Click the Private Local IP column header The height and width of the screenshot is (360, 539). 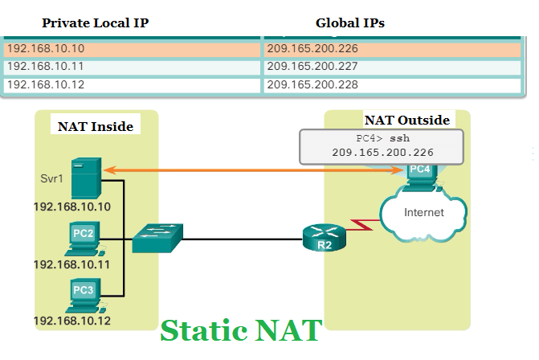click(x=95, y=23)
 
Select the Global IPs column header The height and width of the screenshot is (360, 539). click(x=349, y=23)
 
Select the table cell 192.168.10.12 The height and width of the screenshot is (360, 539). click(x=132, y=84)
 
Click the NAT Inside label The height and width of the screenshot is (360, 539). click(x=95, y=126)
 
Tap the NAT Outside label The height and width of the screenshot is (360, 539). click(x=406, y=121)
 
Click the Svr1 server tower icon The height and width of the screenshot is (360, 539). click(x=85, y=179)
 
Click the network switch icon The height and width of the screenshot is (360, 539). click(x=157, y=237)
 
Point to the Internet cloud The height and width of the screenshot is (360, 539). click(x=423, y=215)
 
